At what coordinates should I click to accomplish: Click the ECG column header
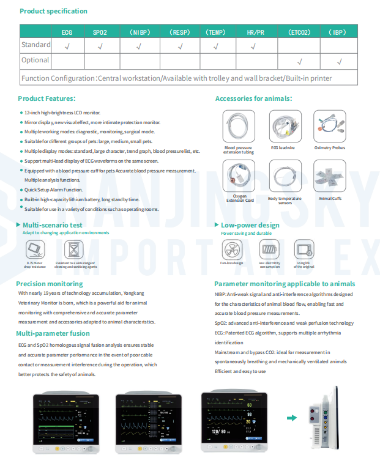pos(67,32)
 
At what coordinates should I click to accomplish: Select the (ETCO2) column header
pos(299,32)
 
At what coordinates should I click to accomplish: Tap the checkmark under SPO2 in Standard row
pos(100,46)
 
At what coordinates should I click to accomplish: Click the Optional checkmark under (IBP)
pos(339,61)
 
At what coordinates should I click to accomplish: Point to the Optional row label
pos(35,61)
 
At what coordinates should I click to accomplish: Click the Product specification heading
pos(53,11)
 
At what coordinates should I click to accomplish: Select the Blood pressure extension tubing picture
pos(239,127)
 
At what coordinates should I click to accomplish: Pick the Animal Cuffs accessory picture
pos(330,177)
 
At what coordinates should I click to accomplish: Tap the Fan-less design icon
pos(232,250)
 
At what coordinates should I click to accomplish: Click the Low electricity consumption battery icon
pos(269,250)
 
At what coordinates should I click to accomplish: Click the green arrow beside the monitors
pos(292,418)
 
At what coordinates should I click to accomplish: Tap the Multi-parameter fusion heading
pos(53,333)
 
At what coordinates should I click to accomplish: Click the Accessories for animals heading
pos(253,98)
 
